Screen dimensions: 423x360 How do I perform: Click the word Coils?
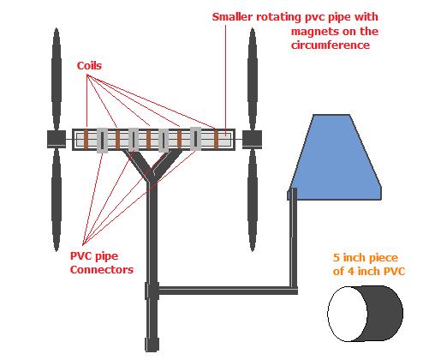[x=89, y=66]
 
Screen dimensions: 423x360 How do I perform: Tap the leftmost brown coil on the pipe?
[x=86, y=140]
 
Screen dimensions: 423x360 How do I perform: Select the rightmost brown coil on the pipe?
[x=216, y=140]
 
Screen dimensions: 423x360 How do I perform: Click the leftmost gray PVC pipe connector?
[x=102, y=140]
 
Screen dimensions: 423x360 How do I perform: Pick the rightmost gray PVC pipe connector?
[x=195, y=139]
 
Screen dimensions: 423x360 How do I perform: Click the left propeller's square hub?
[x=57, y=139]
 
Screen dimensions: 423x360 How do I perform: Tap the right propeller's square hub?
[x=252, y=140]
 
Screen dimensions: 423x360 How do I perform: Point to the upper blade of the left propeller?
[x=57, y=79]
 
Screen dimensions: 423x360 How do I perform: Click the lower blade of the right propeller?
[x=253, y=200]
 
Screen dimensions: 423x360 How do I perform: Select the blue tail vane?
[x=336, y=160]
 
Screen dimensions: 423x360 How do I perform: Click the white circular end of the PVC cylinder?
[x=348, y=314]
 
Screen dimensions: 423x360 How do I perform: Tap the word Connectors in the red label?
[x=102, y=270]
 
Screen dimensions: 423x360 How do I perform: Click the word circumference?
[x=331, y=45]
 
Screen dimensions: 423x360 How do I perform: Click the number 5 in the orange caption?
[x=337, y=258]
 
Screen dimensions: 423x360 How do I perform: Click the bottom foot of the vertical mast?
[x=152, y=345]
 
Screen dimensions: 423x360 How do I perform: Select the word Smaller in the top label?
[x=232, y=17]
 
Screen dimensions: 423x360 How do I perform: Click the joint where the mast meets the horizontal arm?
[x=152, y=291]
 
